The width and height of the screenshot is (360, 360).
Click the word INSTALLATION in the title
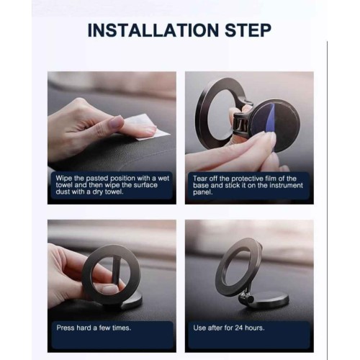click(153, 30)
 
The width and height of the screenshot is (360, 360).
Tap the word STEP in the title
click(248, 30)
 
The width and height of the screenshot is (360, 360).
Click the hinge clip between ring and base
click(243, 120)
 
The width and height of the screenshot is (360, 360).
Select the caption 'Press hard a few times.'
click(94, 328)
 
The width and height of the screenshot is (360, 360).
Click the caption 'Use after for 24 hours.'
click(229, 328)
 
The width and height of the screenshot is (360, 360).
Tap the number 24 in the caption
click(238, 328)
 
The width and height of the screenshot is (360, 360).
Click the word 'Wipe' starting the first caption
click(64, 179)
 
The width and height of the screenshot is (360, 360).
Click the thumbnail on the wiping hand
click(116, 121)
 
